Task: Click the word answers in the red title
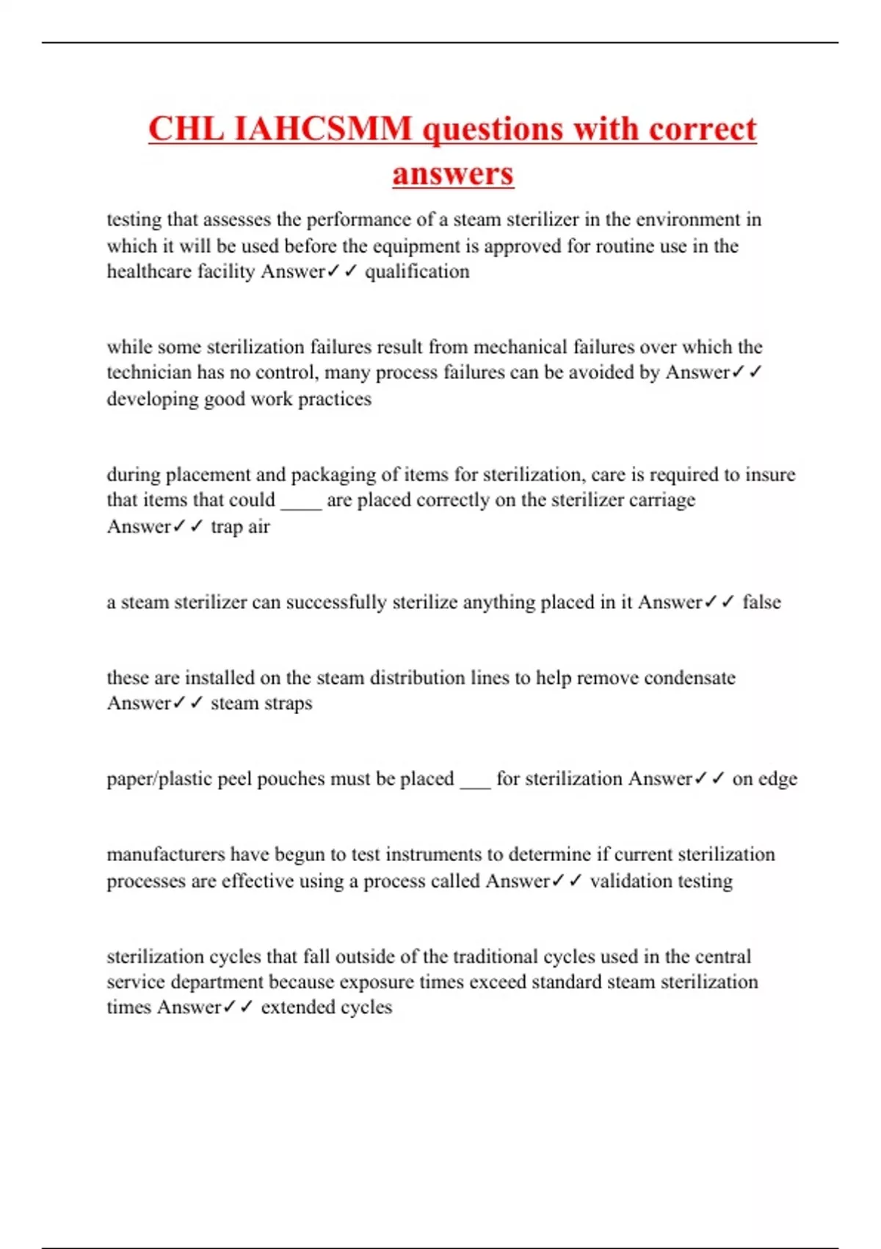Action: (x=453, y=174)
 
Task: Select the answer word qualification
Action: (x=417, y=272)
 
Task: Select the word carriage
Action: (x=661, y=500)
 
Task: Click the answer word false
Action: (x=761, y=602)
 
